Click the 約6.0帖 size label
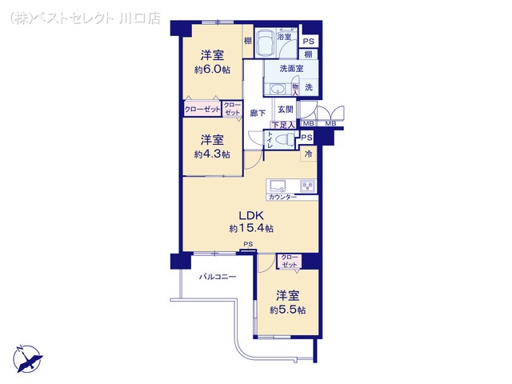coord(212,70)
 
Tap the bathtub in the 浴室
coord(265,48)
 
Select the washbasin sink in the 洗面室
coord(277,89)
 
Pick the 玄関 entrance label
coord(285,110)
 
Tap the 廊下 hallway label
coord(257,114)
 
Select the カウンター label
coord(282,197)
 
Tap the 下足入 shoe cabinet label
coord(283,125)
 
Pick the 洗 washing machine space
coord(309,87)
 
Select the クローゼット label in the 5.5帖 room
coord(289,260)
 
